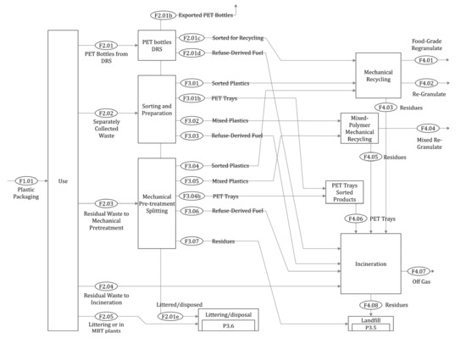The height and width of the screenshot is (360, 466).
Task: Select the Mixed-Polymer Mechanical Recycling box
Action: (363, 128)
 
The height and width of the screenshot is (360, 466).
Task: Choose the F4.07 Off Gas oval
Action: (421, 272)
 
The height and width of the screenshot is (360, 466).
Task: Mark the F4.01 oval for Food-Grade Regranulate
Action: (427, 60)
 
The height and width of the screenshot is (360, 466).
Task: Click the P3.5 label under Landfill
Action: (370, 327)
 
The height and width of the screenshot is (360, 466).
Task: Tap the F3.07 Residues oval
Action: (192, 241)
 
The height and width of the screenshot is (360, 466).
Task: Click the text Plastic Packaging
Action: (27, 197)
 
